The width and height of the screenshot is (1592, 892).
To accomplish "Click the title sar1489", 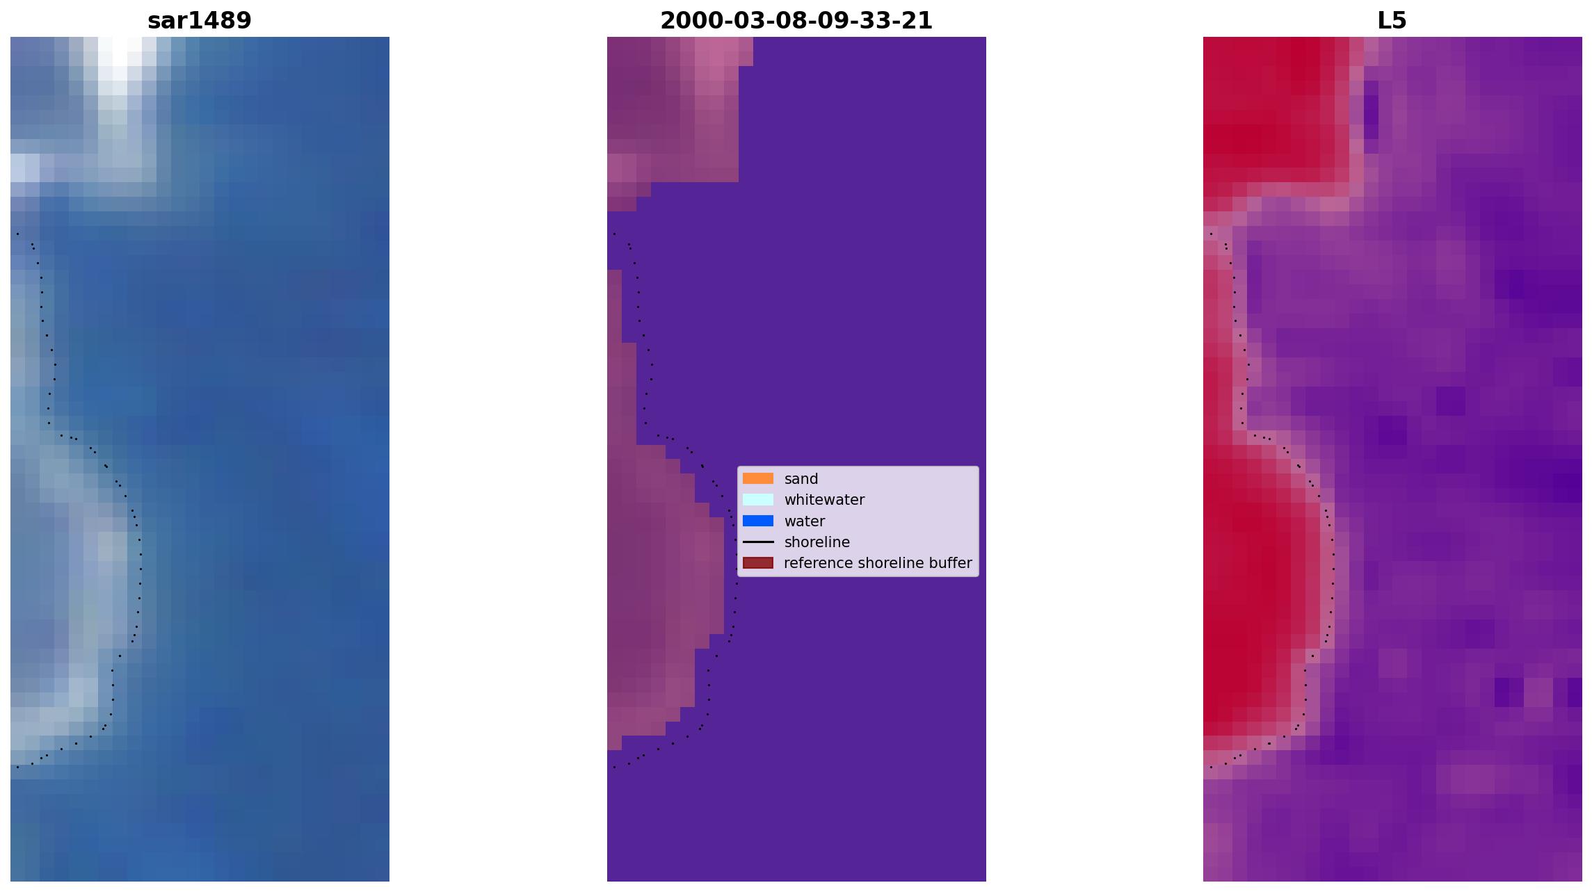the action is pyautogui.click(x=200, y=21).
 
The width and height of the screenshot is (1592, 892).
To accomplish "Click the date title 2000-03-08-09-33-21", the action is pyautogui.click(x=796, y=21).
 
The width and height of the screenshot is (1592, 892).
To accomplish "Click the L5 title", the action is pyautogui.click(x=1392, y=21).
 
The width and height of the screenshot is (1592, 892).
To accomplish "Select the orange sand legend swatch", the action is pyautogui.click(x=758, y=478).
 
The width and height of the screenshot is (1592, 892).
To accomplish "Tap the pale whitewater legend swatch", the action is pyautogui.click(x=758, y=499).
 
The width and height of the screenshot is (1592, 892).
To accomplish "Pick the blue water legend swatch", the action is pyautogui.click(x=758, y=521).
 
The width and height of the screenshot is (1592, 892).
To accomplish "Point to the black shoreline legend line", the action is pyautogui.click(x=758, y=542).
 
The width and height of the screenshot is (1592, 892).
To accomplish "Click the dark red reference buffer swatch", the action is pyautogui.click(x=758, y=562).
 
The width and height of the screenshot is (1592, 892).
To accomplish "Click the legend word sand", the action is pyautogui.click(x=801, y=479).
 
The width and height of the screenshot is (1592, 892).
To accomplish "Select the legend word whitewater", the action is pyautogui.click(x=824, y=500).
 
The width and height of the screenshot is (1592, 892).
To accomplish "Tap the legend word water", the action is pyautogui.click(x=805, y=521).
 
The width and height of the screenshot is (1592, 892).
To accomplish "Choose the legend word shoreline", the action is pyautogui.click(x=817, y=542).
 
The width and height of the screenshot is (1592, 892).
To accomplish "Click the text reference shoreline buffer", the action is pyautogui.click(x=878, y=563).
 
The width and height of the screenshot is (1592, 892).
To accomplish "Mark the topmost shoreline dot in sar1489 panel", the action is pyautogui.click(x=17, y=234).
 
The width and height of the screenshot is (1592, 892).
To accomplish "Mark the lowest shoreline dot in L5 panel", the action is pyautogui.click(x=1211, y=767).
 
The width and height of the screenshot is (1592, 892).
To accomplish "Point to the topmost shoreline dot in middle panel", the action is pyautogui.click(x=614, y=234).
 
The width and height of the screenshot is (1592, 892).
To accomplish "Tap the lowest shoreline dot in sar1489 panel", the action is pyautogui.click(x=17, y=767).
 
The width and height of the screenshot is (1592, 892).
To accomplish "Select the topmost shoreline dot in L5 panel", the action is pyautogui.click(x=1211, y=234).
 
